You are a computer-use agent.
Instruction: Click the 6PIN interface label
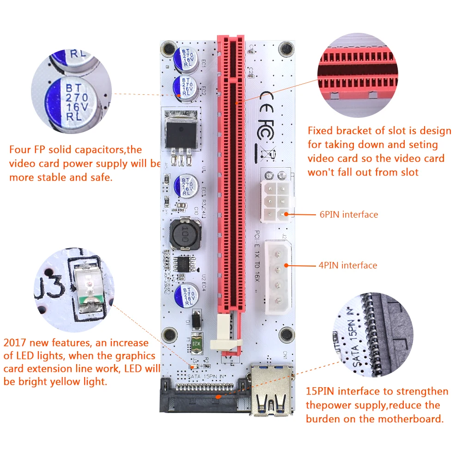pyautogui.click(x=349, y=214)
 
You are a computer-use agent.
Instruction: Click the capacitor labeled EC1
pyautogui.click(x=186, y=59)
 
